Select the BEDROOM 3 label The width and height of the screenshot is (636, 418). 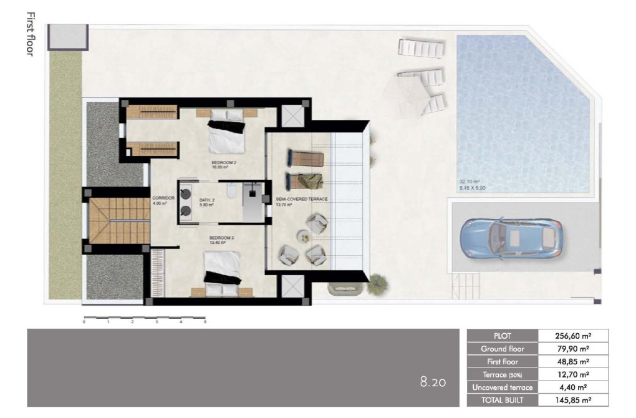221,238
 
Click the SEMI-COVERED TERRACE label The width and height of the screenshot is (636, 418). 302,199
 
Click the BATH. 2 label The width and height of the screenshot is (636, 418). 207,199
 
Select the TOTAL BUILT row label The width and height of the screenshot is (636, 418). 502,401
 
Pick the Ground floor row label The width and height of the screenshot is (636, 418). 502,348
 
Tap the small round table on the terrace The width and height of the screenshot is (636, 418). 302,235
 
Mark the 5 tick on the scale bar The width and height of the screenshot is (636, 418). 205,322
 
